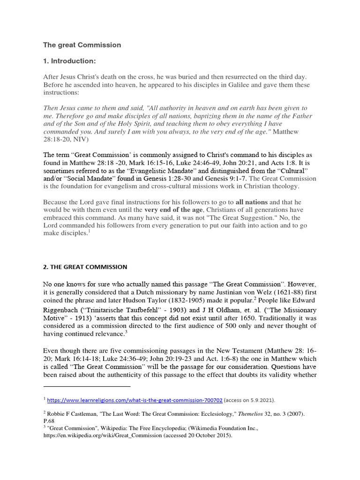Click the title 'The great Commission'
coord(82,45)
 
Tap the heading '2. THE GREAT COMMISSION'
coord(85,267)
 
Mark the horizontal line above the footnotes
coord(87,387)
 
